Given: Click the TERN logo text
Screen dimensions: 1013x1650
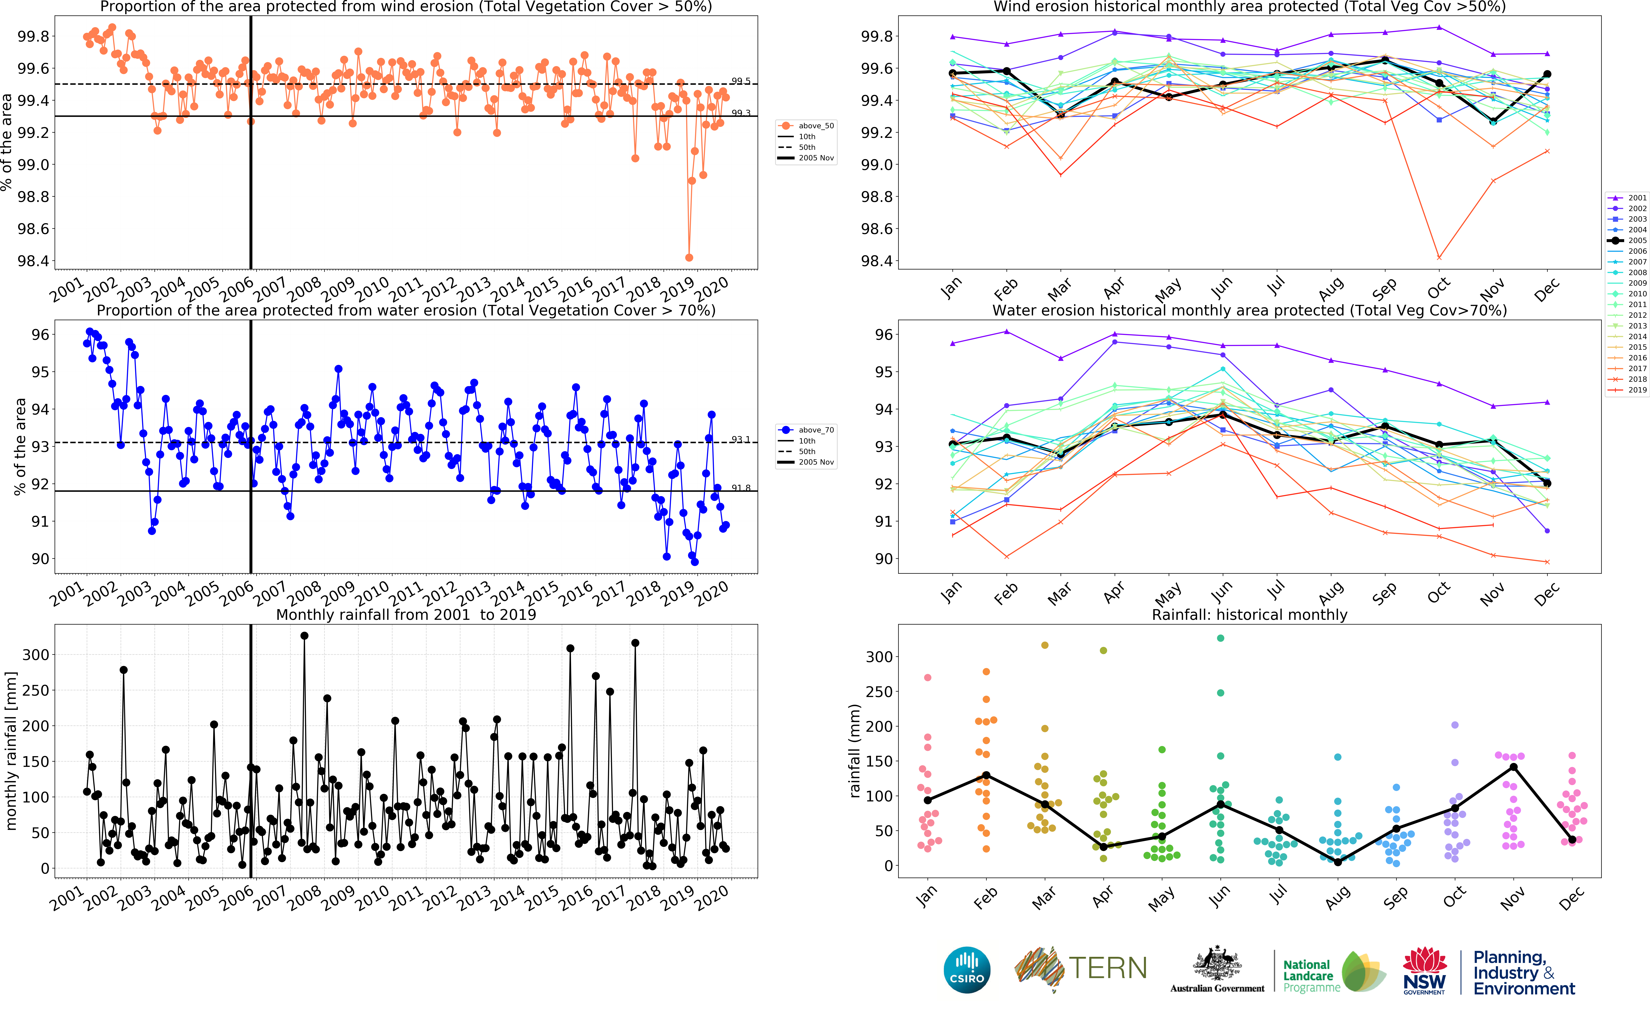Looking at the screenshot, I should click(1107, 968).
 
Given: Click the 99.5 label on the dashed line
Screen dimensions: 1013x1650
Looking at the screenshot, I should click(741, 81).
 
